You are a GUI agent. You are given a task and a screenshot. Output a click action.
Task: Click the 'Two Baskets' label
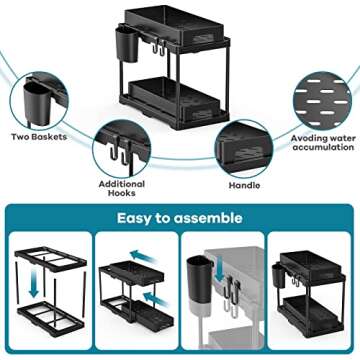40,138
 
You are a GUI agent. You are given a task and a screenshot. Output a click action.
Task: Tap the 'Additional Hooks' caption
122,187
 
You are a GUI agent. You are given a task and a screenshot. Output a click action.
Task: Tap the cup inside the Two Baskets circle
38,100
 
